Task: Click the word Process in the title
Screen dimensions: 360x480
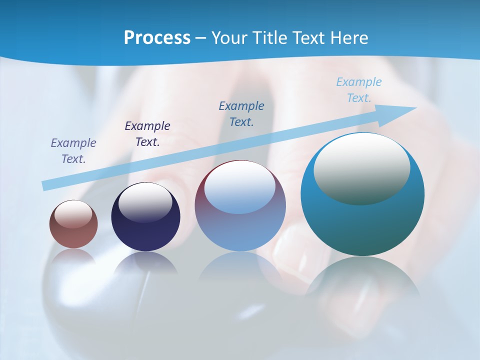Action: [x=157, y=38]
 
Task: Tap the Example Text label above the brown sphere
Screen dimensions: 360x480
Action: [x=73, y=151]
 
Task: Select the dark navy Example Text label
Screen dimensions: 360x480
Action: [x=147, y=134]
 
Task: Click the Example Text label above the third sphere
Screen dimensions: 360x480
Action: [x=241, y=114]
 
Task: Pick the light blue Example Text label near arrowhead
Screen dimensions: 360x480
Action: [x=359, y=90]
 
